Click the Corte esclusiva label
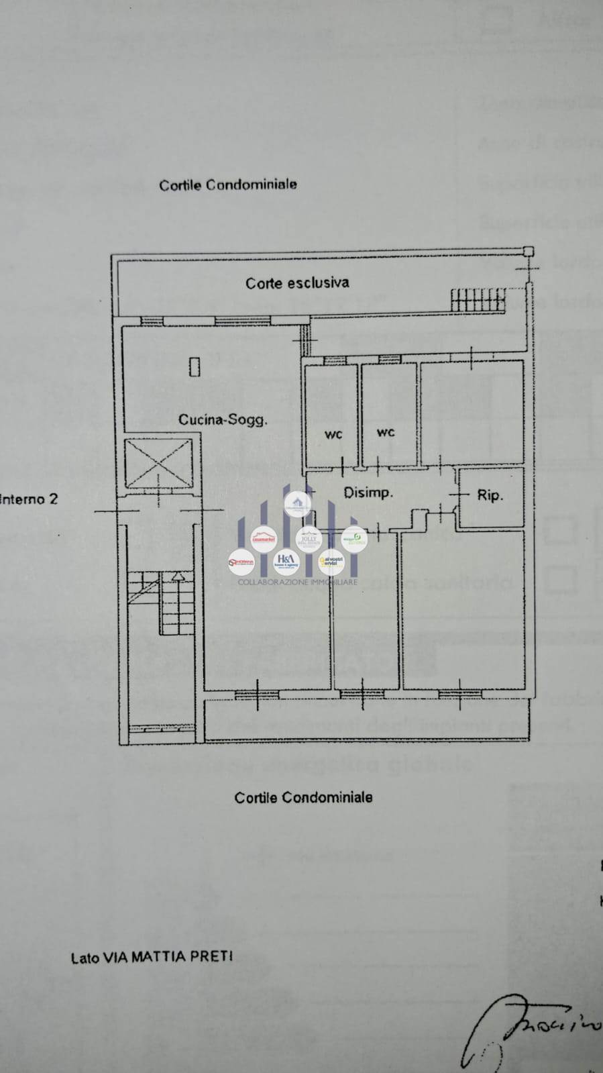(x=297, y=283)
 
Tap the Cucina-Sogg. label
(x=223, y=420)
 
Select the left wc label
(x=333, y=435)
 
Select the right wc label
(x=386, y=433)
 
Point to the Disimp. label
(x=368, y=493)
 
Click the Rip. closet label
(x=490, y=496)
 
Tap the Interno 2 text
(x=29, y=499)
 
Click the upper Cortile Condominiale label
(x=228, y=185)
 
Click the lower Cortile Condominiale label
(x=303, y=798)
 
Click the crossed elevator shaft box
(x=159, y=463)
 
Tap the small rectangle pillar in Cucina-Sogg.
(x=195, y=366)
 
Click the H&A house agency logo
(x=286, y=560)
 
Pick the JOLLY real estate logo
(x=309, y=538)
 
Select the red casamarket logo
(x=263, y=539)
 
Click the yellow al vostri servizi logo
(x=331, y=560)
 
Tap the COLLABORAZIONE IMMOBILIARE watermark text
(x=297, y=582)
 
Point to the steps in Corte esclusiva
(x=478, y=299)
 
